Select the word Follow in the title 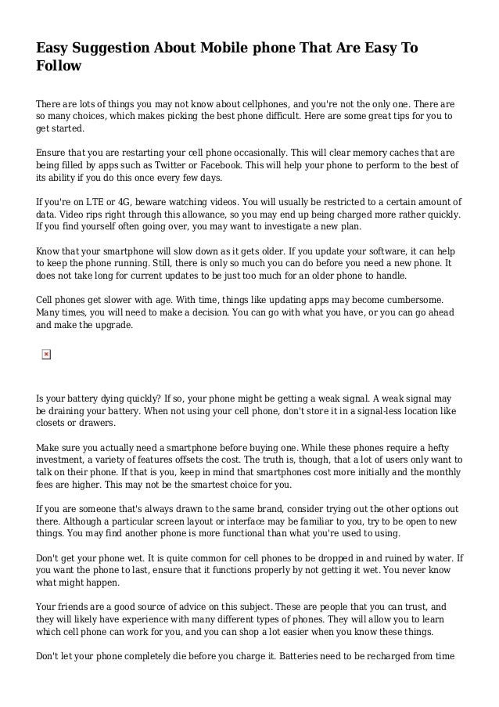(59, 67)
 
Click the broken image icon (46, 355)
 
